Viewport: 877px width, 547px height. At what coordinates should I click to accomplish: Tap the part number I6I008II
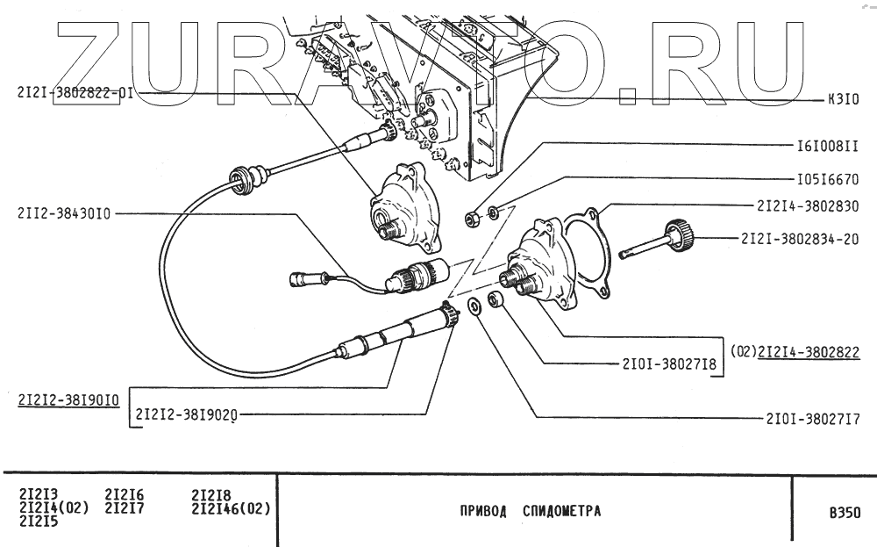pyautogui.click(x=826, y=145)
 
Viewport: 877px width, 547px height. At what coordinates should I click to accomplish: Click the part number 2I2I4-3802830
pyautogui.click(x=806, y=206)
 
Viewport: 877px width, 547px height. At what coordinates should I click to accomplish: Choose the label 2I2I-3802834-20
pyautogui.click(x=799, y=238)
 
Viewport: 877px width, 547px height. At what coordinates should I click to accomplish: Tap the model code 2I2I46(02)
pyautogui.click(x=230, y=507)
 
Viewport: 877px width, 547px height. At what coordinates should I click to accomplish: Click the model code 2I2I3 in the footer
pyautogui.click(x=37, y=494)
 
